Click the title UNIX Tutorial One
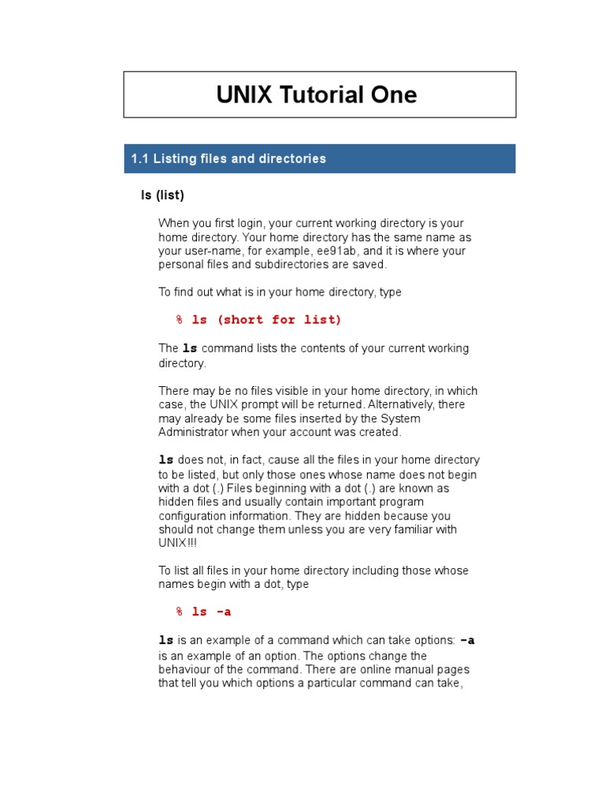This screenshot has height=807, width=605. tap(317, 95)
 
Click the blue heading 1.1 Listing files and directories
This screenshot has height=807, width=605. tap(228, 158)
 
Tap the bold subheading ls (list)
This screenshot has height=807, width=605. tap(162, 195)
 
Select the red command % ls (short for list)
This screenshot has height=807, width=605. tap(259, 320)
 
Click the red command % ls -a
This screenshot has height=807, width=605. tap(204, 612)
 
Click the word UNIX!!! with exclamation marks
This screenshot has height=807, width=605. tap(173, 543)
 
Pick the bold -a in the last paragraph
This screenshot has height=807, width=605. tap(467, 641)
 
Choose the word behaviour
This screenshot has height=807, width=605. tap(186, 670)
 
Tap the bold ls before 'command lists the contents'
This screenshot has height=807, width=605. tap(190, 348)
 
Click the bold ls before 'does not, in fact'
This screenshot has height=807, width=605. tap(166, 459)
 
